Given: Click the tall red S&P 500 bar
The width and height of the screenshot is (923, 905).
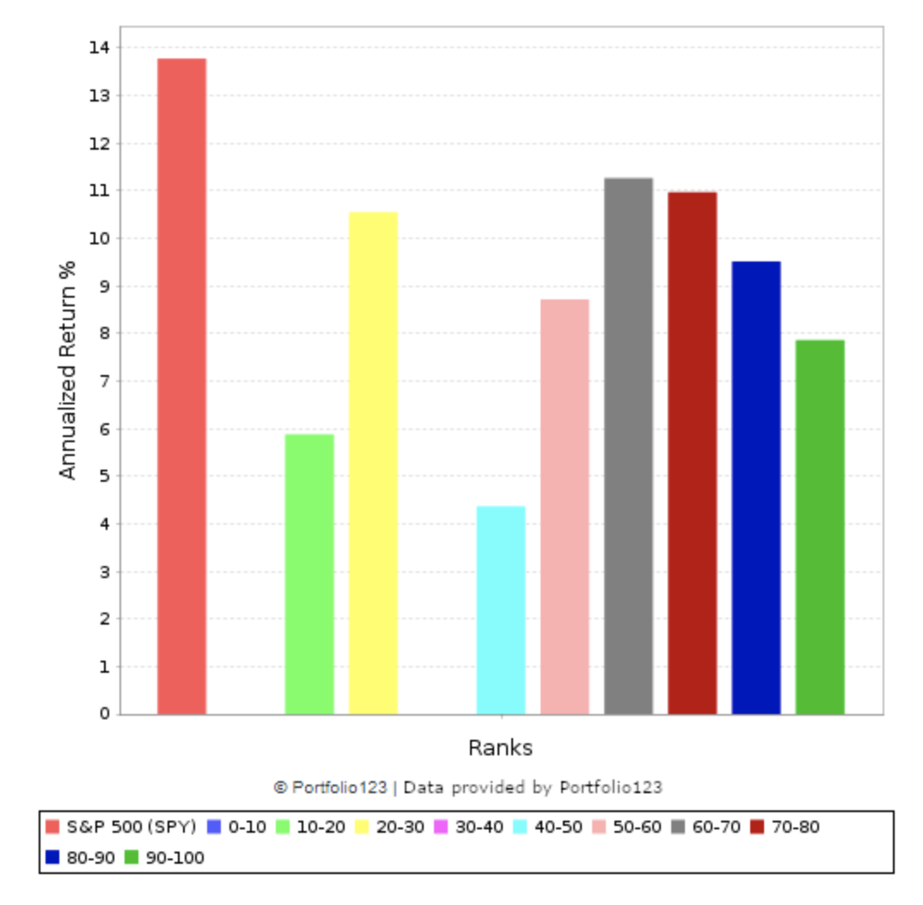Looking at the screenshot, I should pyautogui.click(x=181, y=386).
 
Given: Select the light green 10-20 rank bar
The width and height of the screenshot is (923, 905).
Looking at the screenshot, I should pyautogui.click(x=309, y=574).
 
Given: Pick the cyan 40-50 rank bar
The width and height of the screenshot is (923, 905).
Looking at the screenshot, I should pyautogui.click(x=501, y=610).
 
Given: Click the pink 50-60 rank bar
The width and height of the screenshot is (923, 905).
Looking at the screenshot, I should pyautogui.click(x=565, y=507).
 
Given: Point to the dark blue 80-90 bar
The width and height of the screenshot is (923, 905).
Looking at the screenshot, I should pyautogui.click(x=756, y=488).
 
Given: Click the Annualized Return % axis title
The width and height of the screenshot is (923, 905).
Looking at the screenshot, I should pyautogui.click(x=68, y=369).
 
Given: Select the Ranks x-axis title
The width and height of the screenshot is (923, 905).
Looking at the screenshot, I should pyautogui.click(x=500, y=748).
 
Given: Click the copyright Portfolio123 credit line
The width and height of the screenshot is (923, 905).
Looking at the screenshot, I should pyautogui.click(x=468, y=787).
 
